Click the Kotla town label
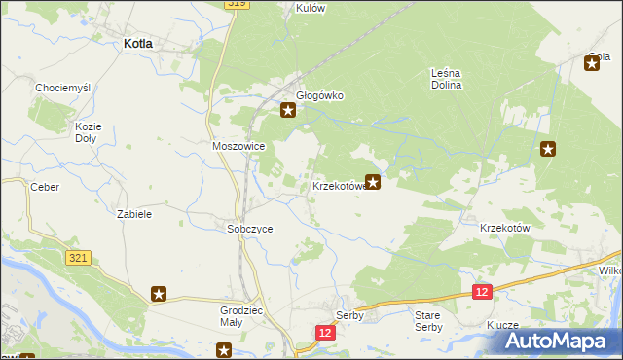(143, 43)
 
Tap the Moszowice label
(238, 146)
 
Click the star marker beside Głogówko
(288, 110)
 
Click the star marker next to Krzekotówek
(372, 181)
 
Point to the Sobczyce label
(249, 229)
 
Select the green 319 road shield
(237, 4)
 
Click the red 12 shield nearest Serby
(325, 333)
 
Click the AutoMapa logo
(559, 342)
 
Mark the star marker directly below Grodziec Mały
(224, 350)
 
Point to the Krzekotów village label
(504, 227)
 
